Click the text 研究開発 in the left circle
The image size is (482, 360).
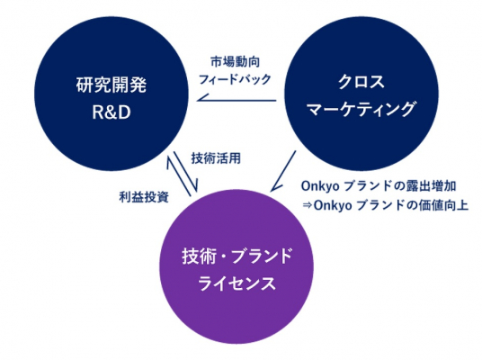point(112,85)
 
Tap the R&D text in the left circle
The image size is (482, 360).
point(112,112)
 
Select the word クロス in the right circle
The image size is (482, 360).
point(361,82)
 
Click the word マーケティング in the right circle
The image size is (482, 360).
point(361,109)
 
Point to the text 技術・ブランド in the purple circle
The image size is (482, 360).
point(237,256)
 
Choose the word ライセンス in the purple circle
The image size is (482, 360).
point(237,283)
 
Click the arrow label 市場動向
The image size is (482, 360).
point(236,62)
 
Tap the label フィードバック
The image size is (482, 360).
point(236,79)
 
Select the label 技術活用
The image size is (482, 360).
point(216,158)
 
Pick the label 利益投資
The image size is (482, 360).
point(144,197)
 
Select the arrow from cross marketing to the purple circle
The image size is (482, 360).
point(283,171)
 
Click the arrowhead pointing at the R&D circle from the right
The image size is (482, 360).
point(201,98)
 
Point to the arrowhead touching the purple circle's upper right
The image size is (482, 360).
point(274,187)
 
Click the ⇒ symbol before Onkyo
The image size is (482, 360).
point(307,205)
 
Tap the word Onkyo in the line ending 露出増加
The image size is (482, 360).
point(321,186)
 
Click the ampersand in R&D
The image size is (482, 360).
point(112,112)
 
